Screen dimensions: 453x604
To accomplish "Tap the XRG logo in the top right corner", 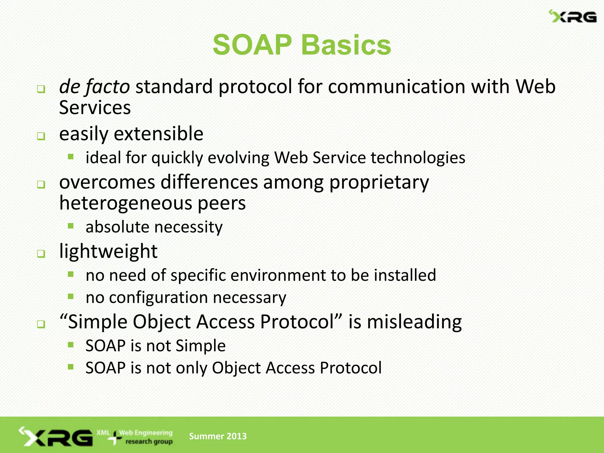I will point(573,17).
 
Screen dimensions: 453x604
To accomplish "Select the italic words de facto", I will point(94,87).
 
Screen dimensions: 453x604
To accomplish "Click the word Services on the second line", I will point(95,108).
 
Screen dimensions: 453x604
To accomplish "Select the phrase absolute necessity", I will point(154,227).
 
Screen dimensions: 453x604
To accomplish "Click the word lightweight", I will point(108,251).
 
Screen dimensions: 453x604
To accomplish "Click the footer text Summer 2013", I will point(218,436).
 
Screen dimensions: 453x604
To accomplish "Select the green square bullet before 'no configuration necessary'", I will point(70,296).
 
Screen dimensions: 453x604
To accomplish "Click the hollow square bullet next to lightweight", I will point(41,254).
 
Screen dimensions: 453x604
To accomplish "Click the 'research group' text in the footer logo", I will point(149,442).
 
